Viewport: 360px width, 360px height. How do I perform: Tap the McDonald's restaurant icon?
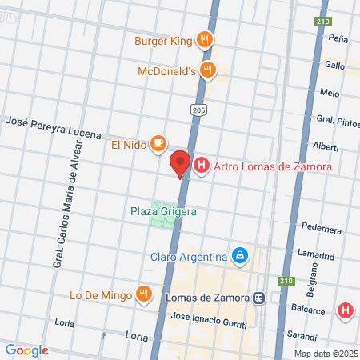tap(208, 70)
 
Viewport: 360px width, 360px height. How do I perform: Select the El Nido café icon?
tap(158, 144)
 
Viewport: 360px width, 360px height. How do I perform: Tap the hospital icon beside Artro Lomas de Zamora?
tap(202, 166)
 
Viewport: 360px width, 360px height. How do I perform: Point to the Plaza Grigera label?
tap(163, 212)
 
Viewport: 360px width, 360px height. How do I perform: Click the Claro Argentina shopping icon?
tap(238, 256)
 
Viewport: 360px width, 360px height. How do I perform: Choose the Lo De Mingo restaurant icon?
tap(145, 293)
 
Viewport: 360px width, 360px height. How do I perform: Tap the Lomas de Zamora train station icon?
tap(258, 298)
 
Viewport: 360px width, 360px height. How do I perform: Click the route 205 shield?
tap(198, 109)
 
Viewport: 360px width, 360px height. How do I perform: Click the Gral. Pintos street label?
tap(337, 121)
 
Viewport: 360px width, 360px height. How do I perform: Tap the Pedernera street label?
tap(322, 227)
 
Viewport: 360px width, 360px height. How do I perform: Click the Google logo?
tap(26, 350)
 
